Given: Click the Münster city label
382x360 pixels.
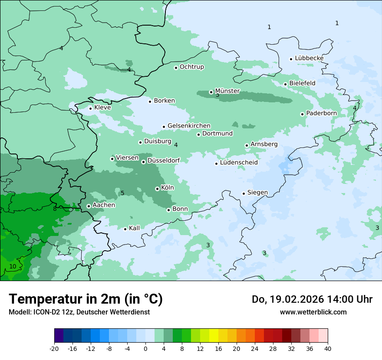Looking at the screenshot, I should (227, 91).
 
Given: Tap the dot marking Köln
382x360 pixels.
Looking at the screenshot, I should (157, 189).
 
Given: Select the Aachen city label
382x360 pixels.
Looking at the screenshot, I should (104, 205).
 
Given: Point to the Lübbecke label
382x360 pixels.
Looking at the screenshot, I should (309, 58).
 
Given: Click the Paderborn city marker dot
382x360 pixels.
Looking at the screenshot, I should (302, 114).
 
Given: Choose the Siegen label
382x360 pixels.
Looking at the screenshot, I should (257, 193).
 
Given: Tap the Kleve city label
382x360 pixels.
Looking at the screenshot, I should (102, 108).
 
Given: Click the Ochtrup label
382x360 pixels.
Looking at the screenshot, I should (191, 67).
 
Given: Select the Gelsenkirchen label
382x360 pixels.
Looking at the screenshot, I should (189, 126).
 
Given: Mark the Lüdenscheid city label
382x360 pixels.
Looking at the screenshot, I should (239, 163).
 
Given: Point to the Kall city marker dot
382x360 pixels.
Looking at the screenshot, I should (125, 229).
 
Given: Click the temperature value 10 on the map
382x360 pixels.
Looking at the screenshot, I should (13, 266).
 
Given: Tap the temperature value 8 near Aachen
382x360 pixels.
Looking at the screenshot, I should (55, 209).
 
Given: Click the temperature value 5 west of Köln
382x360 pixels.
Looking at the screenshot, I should (122, 193).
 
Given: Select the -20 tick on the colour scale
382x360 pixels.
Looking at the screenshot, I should (54, 348).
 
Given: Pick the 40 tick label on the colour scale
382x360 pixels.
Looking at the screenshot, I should (328, 348).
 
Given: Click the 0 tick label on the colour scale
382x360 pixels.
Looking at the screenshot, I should (145, 348).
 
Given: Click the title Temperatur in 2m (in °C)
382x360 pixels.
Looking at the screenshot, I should (86, 299).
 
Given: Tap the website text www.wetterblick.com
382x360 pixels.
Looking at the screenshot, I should (313, 312).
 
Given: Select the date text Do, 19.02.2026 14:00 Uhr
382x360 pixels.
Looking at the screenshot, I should (312, 299).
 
